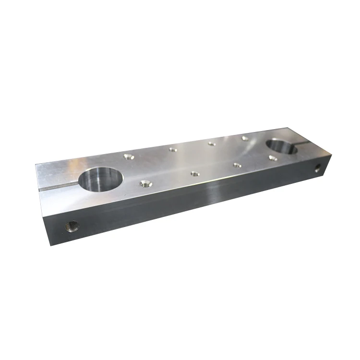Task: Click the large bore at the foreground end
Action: (x=101, y=180)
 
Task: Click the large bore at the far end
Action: (x=283, y=147)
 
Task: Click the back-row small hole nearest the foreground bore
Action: (x=127, y=156)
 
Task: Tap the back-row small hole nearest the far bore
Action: (x=245, y=138)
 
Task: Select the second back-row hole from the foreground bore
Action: (x=173, y=149)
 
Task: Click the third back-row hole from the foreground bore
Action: (x=211, y=143)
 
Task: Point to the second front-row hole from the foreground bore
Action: (x=194, y=173)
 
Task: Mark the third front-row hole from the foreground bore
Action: (x=237, y=165)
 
